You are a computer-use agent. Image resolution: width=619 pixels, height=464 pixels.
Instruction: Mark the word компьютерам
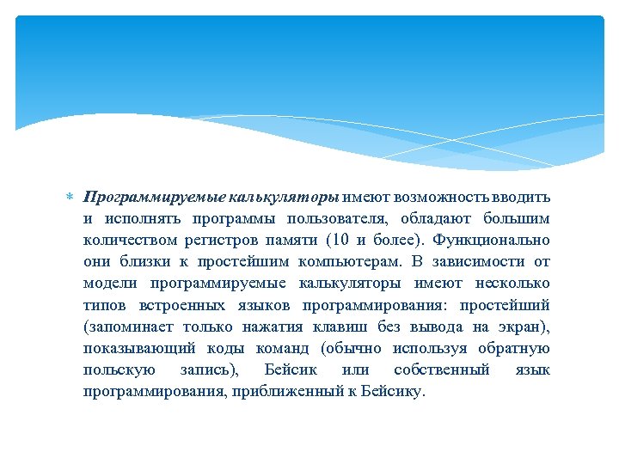340,261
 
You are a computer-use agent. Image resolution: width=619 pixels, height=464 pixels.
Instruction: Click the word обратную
512,349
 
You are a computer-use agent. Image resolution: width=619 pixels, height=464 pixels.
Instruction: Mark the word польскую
120,370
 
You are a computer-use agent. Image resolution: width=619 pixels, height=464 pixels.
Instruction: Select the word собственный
441,370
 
